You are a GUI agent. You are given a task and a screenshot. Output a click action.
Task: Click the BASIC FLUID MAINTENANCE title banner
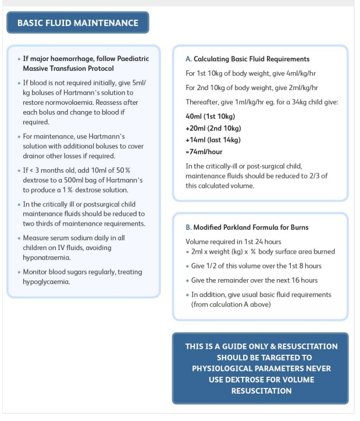click(x=78, y=23)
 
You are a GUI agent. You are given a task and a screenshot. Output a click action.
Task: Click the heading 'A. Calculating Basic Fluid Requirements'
click(x=247, y=59)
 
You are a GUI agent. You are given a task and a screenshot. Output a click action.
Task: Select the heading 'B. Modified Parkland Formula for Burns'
click(x=247, y=227)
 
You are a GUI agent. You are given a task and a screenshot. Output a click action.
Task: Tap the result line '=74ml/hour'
click(x=204, y=152)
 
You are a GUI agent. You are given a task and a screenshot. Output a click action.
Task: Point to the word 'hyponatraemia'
click(x=47, y=257)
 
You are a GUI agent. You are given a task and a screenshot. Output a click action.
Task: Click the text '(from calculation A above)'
click(x=231, y=304)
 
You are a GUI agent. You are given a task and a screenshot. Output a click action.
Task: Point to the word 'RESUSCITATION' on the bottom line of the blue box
click(x=261, y=391)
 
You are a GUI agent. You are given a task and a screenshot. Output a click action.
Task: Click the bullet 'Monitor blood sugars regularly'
click(x=82, y=272)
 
